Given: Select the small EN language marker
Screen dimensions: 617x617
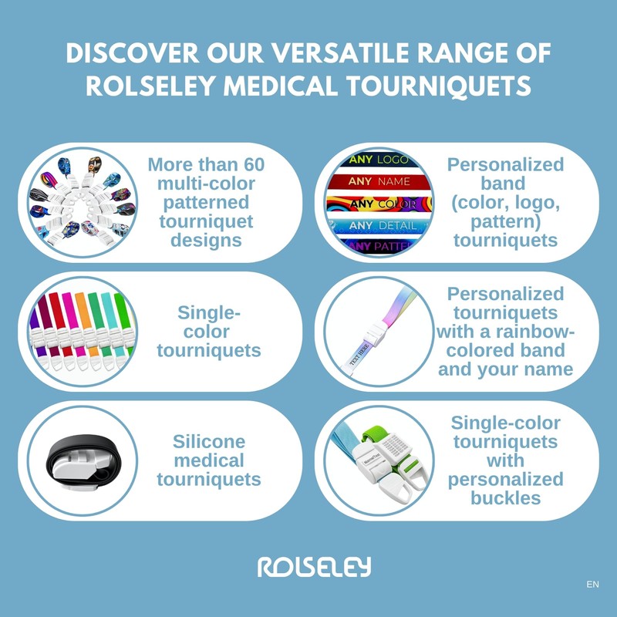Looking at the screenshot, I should [592, 585].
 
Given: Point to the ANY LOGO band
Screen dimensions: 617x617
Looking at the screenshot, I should [378, 161].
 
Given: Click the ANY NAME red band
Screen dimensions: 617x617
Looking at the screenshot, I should [378, 183].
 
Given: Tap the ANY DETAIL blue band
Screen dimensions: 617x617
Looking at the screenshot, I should [378, 226].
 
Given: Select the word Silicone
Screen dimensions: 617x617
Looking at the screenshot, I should [209, 442].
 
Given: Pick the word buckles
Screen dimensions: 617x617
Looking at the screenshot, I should [505, 498].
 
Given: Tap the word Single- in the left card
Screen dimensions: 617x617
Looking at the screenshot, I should [209, 312].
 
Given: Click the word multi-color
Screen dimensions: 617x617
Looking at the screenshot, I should [208, 184].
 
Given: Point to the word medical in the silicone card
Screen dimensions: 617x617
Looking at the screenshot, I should [209, 460].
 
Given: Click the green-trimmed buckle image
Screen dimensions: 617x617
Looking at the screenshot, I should [386, 461].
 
